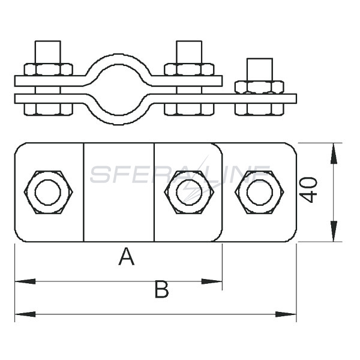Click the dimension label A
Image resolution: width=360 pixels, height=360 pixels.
pos(126,257)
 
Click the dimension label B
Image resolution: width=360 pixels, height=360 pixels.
pos(162,289)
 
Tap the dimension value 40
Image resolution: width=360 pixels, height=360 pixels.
pos(308,190)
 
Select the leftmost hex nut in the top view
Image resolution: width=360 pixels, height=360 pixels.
pos(48,193)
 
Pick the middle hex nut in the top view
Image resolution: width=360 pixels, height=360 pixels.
pos(189,193)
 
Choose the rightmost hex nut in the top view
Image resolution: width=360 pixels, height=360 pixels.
pos(259,193)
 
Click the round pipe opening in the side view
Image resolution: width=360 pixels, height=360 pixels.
pos(118,89)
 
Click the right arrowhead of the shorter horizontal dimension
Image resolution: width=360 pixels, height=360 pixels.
pos(212,281)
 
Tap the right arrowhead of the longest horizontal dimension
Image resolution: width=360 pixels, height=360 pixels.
pos(286,314)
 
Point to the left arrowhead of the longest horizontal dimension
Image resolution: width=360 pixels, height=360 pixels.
pos(25,314)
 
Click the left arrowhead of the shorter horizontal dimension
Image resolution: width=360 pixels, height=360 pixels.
pos(25,281)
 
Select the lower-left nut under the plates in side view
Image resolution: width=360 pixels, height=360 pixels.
pos(48,109)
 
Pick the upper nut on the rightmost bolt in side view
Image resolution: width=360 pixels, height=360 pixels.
pos(259,87)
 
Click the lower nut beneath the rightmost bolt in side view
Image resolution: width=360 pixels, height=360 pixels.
pos(259,109)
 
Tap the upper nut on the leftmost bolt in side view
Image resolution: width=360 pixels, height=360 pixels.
pos(48,70)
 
